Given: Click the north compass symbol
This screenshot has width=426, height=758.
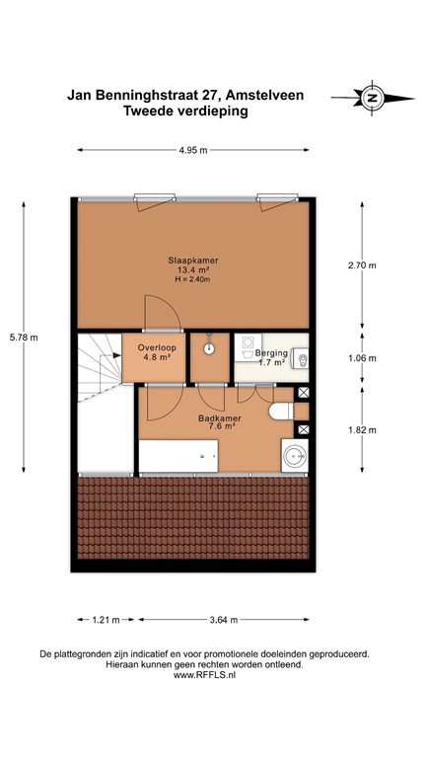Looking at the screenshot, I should [371, 97].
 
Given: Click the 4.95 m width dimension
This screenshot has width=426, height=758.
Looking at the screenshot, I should [193, 150].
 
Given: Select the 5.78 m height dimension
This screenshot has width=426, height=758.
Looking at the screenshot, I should [24, 338].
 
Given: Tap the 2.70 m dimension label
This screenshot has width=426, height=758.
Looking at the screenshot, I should [362, 265].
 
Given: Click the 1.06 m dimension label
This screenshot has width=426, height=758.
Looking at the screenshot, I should [362, 358].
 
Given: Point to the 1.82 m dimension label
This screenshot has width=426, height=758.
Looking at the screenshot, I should [362, 430].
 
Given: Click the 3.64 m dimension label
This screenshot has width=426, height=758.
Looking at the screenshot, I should [226, 621].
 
